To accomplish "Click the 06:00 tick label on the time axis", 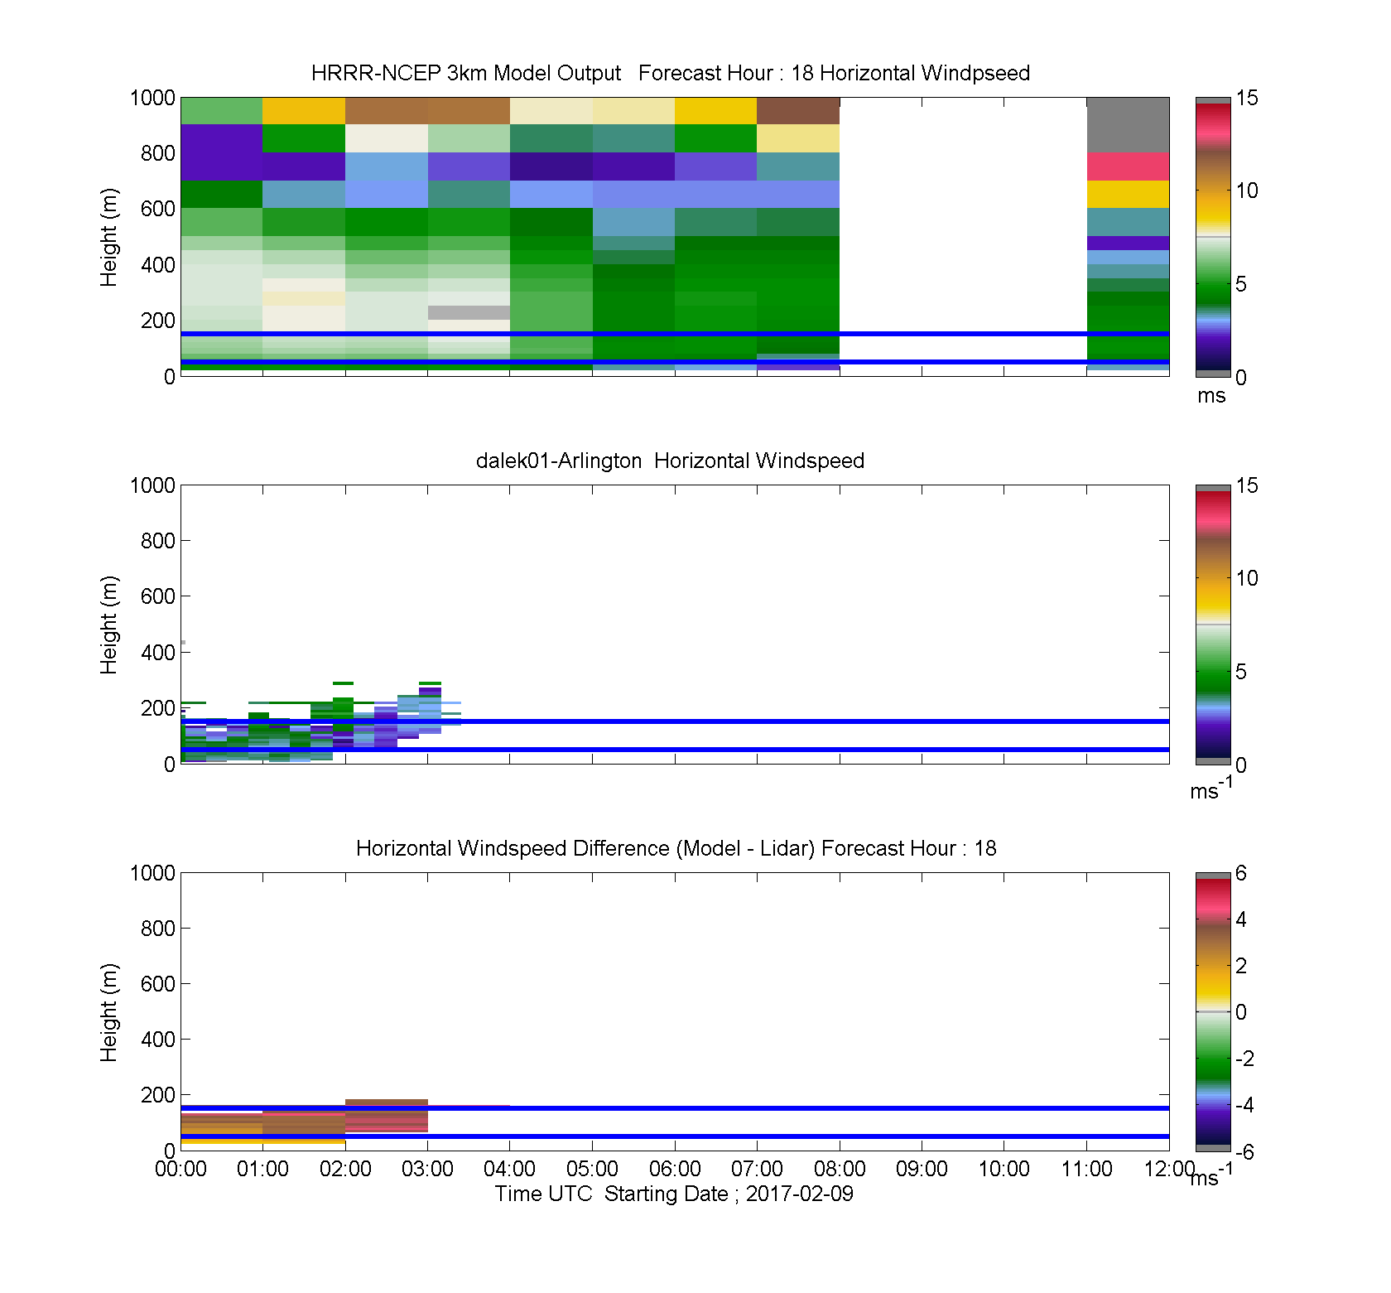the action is point(675,1169).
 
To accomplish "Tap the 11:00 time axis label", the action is point(1086,1169).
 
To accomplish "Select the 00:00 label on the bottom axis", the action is point(180,1169).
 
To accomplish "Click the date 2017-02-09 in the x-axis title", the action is point(799,1194).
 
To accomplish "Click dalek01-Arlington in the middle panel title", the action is point(559,461).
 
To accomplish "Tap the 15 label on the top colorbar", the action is point(1246,98).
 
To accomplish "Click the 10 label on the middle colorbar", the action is point(1246,578).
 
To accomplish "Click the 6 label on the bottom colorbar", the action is point(1240,873).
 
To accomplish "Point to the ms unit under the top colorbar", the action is point(1211,396).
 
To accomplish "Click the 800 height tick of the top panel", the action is point(157,153).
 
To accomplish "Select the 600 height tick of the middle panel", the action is point(157,596).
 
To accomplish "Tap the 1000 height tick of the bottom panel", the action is point(152,873).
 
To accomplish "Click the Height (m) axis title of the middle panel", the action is point(108,625).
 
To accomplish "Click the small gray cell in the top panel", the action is point(469,312).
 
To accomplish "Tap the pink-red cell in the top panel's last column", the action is point(1128,166).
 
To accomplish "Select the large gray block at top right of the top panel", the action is point(1128,125).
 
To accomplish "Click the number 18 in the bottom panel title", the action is point(985,848).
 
